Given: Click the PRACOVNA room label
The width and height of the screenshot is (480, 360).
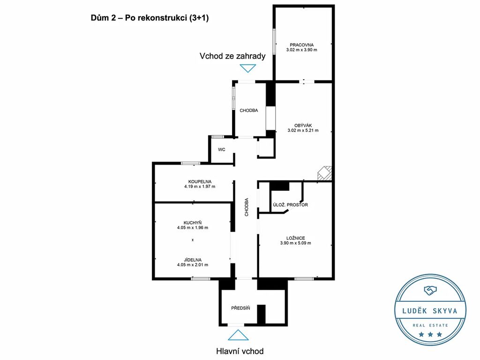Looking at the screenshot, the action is (301, 45).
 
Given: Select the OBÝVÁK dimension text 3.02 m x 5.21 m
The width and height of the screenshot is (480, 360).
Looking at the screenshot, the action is (303, 130).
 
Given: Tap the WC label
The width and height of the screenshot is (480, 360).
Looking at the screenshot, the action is (222, 150).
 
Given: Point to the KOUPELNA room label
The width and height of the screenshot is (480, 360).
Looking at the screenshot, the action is (200, 181).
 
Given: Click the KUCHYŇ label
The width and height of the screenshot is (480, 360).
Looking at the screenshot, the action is (193, 223).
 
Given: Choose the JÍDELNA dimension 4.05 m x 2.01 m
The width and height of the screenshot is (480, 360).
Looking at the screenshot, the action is (193, 265).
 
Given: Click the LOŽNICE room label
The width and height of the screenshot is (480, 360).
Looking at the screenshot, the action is (295, 238).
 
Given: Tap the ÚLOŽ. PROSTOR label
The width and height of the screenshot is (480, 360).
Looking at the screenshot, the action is (290, 205).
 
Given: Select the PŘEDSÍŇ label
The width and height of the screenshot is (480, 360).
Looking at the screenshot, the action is (240, 308).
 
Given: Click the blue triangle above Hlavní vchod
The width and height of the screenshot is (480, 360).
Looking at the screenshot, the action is (238, 335).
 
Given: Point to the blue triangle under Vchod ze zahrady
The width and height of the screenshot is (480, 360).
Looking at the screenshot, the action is (247, 68).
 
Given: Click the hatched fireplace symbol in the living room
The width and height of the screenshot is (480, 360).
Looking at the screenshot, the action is (324, 173).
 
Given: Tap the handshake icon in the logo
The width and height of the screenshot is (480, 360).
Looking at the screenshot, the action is (430, 290).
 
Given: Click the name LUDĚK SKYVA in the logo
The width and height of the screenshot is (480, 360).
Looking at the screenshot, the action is (430, 311).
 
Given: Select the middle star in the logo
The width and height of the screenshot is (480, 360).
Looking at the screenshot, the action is (430, 334).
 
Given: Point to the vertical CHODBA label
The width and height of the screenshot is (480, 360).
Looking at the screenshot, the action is (247, 207).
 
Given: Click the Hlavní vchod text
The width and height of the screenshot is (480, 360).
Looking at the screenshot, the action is (240, 351).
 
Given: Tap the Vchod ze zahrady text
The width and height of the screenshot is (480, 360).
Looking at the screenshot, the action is (232, 56).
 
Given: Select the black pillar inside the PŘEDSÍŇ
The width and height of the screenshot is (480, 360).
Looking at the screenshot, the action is (261, 315).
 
